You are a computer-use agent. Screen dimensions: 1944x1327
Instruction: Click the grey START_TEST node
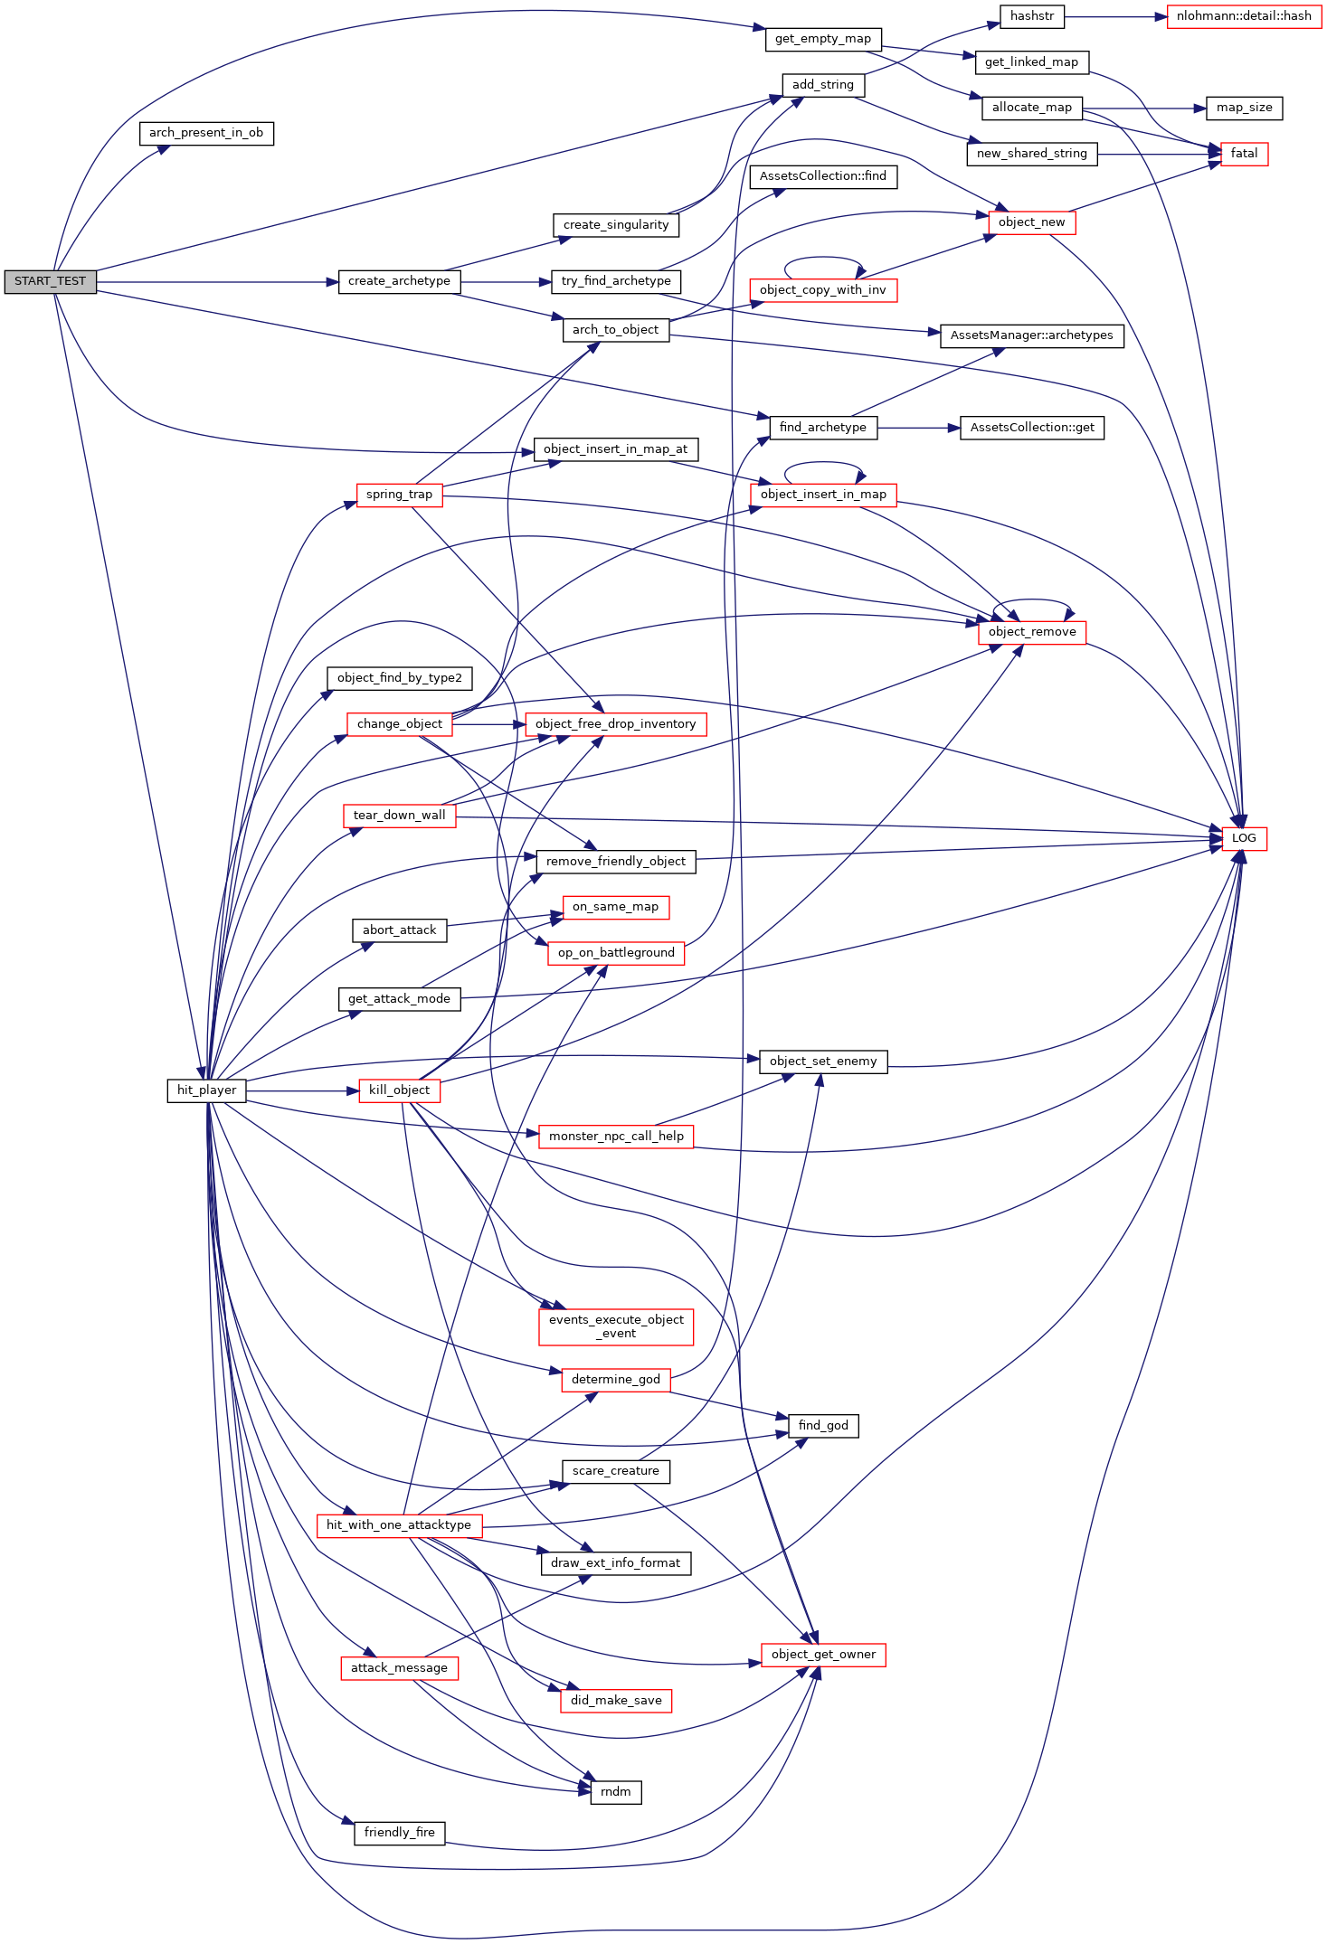50,282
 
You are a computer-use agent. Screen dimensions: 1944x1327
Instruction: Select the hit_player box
206,1090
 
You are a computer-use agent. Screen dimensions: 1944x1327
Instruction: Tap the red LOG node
1244,838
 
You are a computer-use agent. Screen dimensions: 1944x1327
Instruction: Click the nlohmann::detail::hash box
1244,16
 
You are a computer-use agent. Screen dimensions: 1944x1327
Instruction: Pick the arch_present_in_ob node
206,133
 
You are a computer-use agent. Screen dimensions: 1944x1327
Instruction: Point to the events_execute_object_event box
616,1326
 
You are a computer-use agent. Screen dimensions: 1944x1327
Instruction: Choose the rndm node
616,1792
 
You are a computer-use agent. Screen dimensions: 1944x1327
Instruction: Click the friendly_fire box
399,1833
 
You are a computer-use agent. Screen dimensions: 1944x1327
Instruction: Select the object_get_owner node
823,1655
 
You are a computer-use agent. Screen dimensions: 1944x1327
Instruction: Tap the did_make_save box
616,1701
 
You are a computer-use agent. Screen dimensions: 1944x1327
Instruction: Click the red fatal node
1244,154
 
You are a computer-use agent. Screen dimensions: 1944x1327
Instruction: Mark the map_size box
1244,108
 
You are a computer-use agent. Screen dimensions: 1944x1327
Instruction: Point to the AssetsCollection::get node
1031,428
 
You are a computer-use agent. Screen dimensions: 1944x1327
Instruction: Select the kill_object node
399,1090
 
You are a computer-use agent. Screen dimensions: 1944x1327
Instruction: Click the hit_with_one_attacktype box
399,1525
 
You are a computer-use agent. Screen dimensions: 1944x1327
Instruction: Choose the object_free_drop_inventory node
616,724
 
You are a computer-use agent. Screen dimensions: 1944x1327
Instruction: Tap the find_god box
823,1426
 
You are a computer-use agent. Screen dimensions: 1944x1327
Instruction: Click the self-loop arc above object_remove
1032,600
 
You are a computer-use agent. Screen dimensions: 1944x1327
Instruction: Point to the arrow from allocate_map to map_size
1144,108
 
